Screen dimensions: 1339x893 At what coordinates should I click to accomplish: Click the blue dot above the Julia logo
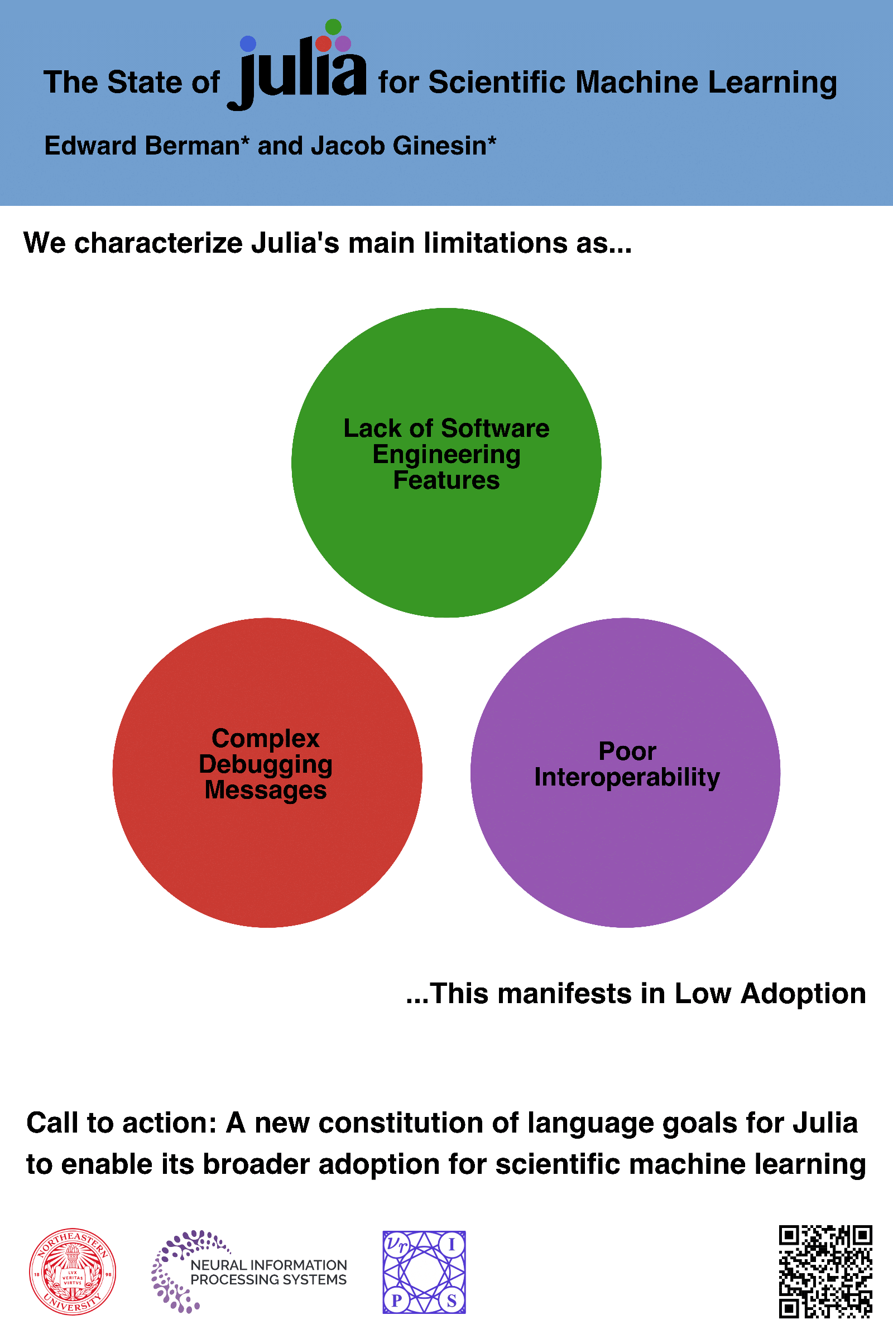coord(248,44)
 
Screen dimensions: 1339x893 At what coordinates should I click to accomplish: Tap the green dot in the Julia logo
coord(333,27)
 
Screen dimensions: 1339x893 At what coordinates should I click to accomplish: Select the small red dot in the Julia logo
coord(324,44)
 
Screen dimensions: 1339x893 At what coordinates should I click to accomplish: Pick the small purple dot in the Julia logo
coord(343,44)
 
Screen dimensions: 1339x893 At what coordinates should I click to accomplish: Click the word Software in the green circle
coord(495,428)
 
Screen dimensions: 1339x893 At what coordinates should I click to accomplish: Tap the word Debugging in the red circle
coord(266,764)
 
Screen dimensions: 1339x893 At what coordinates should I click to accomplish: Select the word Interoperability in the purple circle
coord(626,778)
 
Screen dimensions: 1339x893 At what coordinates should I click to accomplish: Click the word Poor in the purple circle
coord(627,752)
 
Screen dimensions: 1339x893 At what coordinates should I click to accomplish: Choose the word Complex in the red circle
coord(266,738)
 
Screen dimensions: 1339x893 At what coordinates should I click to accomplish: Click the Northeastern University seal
coord(73,1272)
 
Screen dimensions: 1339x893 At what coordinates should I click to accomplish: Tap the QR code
coord(825,1272)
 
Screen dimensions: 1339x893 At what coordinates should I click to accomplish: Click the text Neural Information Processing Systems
coord(268,1273)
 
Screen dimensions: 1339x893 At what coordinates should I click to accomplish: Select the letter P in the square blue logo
coord(397,1301)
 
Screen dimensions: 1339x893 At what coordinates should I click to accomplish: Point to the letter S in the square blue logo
coord(452,1301)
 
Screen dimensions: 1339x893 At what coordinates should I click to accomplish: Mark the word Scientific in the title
coord(498,83)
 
